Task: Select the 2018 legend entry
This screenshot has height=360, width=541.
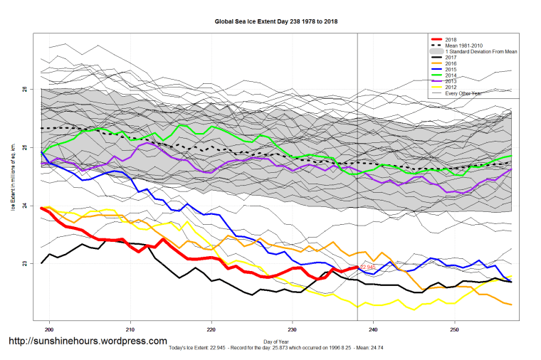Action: [x=451, y=39]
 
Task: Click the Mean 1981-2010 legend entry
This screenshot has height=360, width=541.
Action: [x=463, y=46]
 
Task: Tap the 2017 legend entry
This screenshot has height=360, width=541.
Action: [x=451, y=58]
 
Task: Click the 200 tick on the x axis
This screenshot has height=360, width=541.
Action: [x=50, y=329]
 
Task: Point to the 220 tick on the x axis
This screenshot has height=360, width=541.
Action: [x=211, y=329]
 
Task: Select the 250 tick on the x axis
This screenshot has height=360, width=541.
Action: [x=454, y=329]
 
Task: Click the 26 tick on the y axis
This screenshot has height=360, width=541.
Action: [x=24, y=90]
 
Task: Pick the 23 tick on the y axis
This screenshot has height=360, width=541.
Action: [x=24, y=264]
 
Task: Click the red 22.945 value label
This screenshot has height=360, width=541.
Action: [x=368, y=268]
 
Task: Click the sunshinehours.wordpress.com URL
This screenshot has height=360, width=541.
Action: [x=88, y=342]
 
